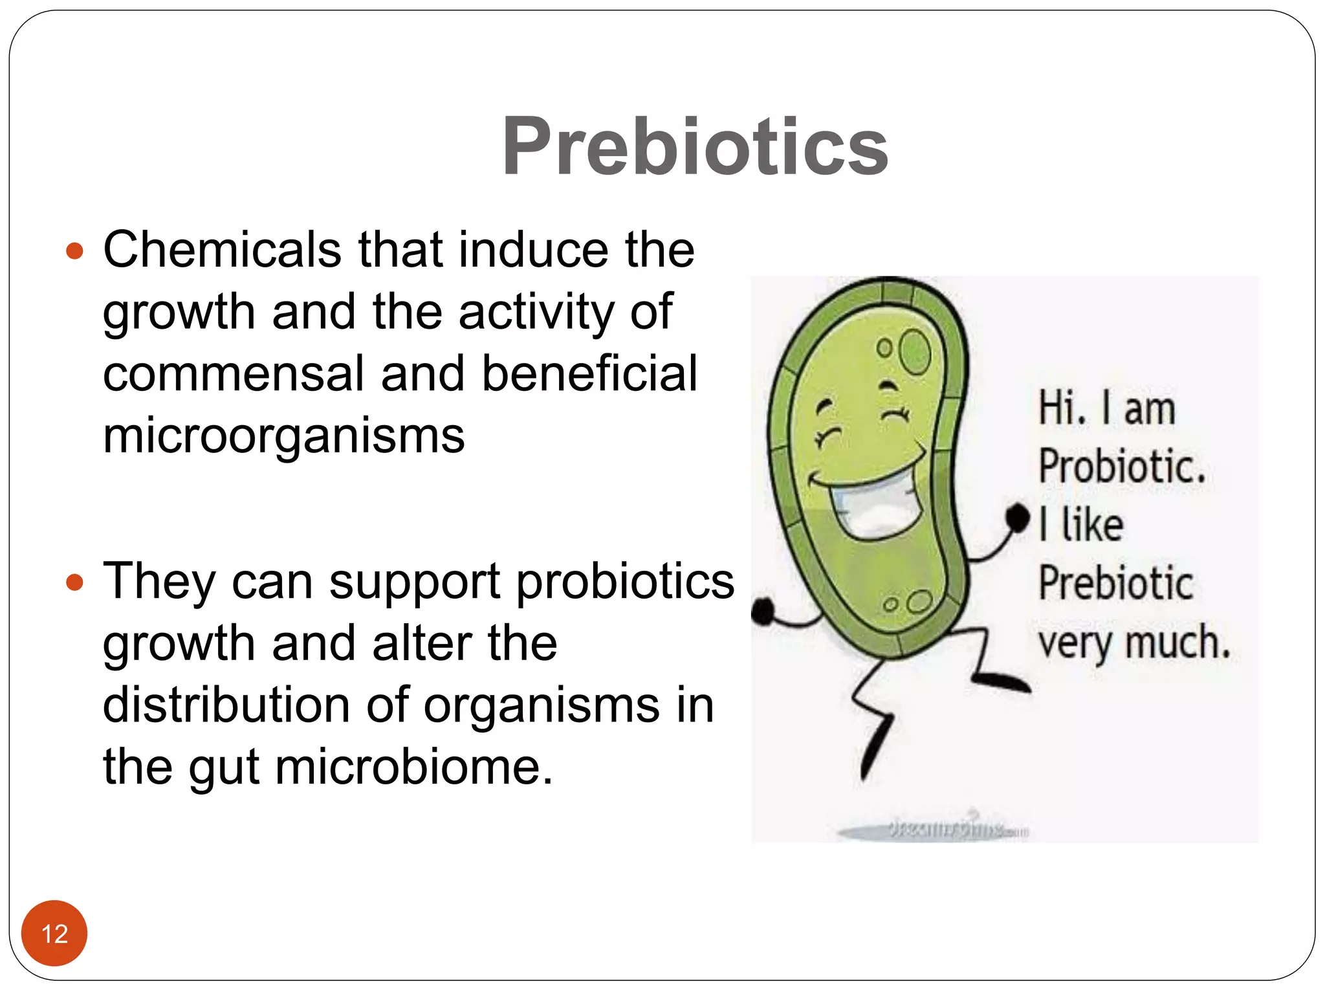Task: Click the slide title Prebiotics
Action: [x=695, y=146]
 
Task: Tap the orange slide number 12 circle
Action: [x=54, y=933]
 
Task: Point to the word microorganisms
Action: [x=283, y=436]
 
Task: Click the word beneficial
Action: [x=589, y=374]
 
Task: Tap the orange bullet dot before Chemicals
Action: [x=75, y=251]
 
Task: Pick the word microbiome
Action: [x=414, y=767]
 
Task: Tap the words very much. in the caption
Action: [x=1133, y=642]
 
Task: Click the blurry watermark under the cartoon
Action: [x=951, y=830]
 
